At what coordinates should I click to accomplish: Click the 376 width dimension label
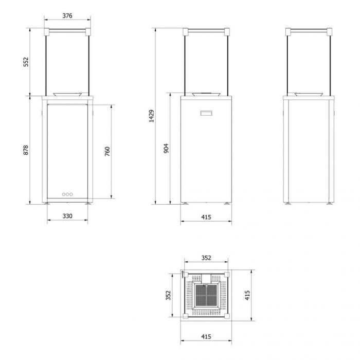[x=67, y=16]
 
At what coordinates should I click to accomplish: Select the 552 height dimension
[x=26, y=62]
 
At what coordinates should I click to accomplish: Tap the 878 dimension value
[x=26, y=150]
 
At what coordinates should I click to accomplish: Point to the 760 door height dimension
[x=107, y=151]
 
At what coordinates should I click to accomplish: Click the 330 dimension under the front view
[x=67, y=216]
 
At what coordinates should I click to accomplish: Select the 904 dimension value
[x=166, y=148]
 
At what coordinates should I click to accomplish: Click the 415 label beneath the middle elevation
[x=206, y=217]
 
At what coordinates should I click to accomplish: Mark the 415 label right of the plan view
[x=247, y=295]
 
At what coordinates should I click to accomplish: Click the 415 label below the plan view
[x=206, y=337]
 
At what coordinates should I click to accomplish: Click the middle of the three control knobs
[x=67, y=194]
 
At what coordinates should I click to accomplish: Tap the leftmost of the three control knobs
[x=63, y=194]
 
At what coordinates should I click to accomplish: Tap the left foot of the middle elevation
[x=185, y=204]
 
